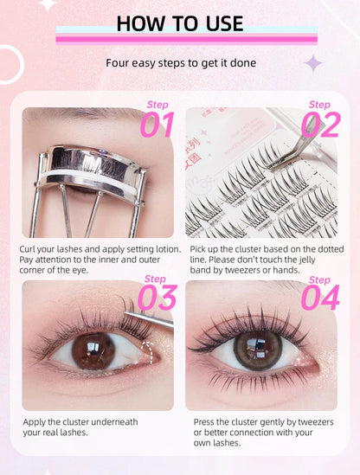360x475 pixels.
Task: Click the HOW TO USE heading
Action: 179,22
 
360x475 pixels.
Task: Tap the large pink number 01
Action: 157,126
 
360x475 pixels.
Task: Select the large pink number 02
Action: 320,126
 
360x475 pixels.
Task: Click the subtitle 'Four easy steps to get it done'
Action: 181,62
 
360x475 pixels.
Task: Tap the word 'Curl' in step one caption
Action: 29,249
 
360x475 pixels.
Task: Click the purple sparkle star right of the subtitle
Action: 313,62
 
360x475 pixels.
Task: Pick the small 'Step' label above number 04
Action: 319,279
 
